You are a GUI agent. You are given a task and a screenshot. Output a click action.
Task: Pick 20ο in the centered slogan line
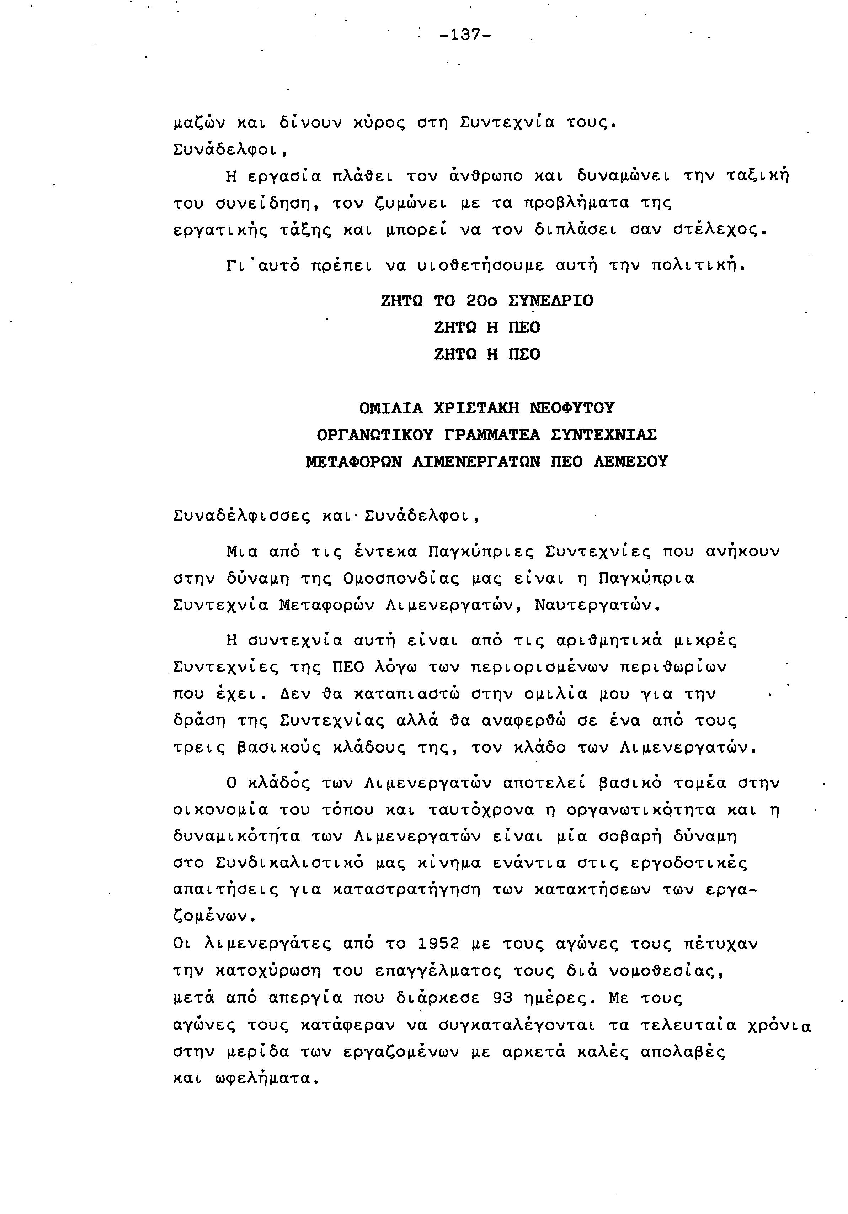tap(482, 301)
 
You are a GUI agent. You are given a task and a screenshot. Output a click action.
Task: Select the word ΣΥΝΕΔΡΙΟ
tap(550, 301)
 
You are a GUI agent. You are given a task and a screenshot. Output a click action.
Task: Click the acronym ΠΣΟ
tap(524, 354)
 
